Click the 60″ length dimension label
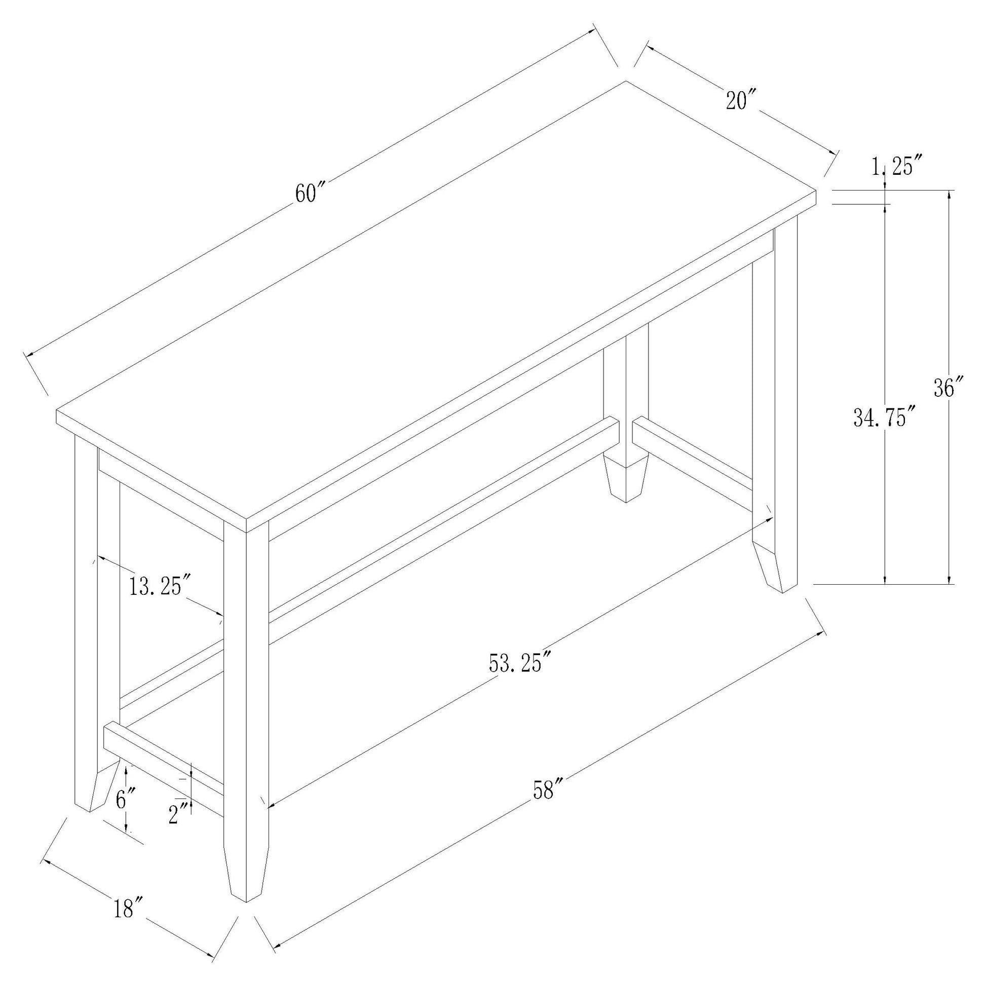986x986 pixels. click(x=311, y=193)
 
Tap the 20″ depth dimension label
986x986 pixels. click(x=741, y=99)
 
